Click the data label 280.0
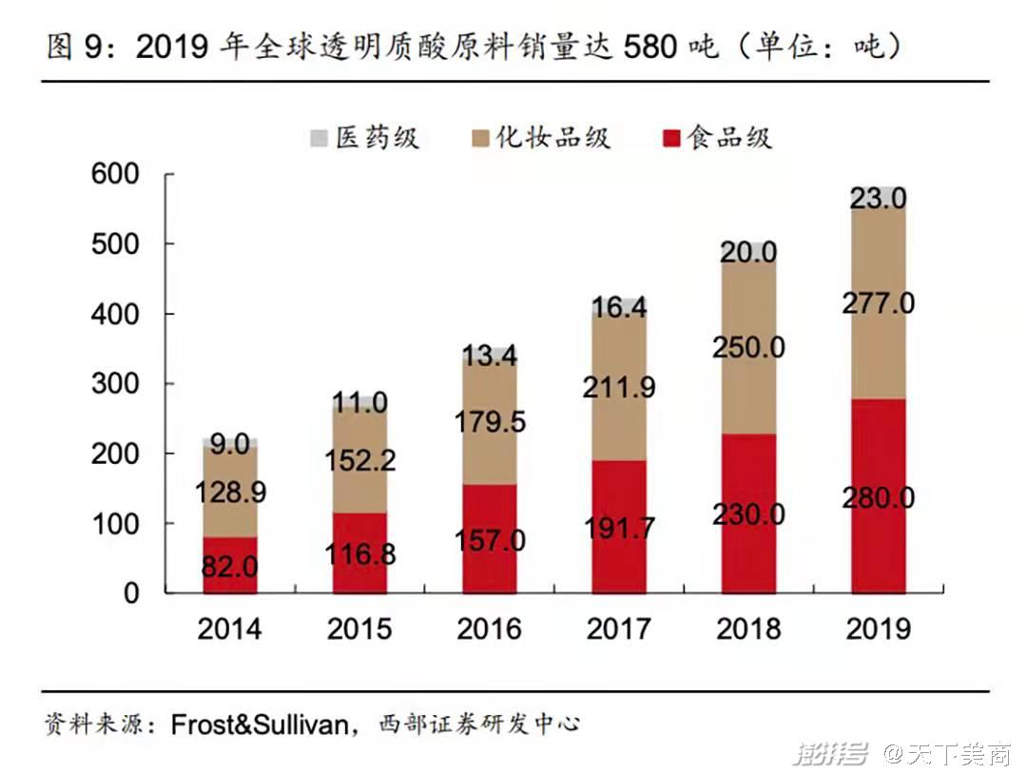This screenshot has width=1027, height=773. coord(878,498)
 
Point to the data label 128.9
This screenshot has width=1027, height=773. coord(230,493)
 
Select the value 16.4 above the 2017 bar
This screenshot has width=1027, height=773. coord(619,307)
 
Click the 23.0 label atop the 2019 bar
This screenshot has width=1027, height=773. coord(878,198)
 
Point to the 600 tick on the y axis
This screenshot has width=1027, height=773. coord(115,174)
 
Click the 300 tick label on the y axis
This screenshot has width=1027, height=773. coord(115,384)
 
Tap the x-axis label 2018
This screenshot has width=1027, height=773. coord(748,628)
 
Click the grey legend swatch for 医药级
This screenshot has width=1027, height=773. coord(319,139)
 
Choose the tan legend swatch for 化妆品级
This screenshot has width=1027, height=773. coord(478,139)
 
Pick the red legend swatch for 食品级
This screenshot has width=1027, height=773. coord(671,139)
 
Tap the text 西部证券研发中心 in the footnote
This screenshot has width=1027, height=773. coord(479,725)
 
